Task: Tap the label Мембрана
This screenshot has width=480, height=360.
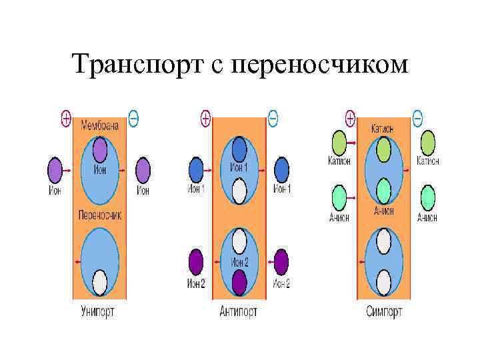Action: tap(100, 125)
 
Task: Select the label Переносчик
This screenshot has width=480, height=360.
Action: tap(100, 215)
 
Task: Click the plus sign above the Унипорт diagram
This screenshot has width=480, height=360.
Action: tap(66, 119)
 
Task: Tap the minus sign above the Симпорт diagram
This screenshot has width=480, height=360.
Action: tap(417, 119)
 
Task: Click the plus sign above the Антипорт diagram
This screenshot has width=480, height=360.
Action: tap(206, 119)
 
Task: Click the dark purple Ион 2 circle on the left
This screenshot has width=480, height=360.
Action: tap(196, 262)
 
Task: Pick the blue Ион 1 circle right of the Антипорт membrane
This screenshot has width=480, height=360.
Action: tap(282, 170)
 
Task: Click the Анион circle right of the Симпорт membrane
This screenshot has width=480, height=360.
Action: tap(427, 198)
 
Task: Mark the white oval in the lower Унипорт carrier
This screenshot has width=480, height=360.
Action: tap(100, 283)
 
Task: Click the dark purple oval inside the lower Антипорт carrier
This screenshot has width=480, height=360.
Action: tap(239, 283)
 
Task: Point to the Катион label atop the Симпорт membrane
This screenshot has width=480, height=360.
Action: tap(383, 128)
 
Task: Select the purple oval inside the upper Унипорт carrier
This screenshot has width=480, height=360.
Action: tap(100, 150)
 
